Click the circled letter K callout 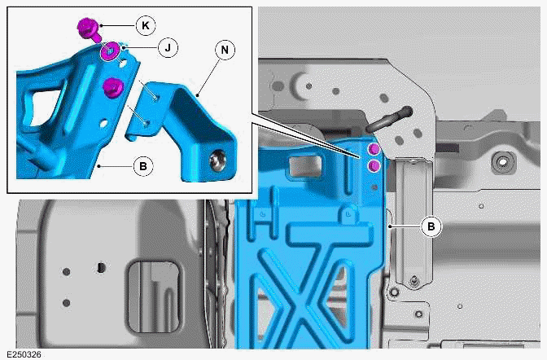pyautogui.click(x=145, y=25)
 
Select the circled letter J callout pyautogui.click(x=166, y=48)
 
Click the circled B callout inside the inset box pyautogui.click(x=142, y=166)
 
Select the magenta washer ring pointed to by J pyautogui.click(x=108, y=54)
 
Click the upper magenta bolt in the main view pyautogui.click(x=374, y=150)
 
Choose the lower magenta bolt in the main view pyautogui.click(x=374, y=165)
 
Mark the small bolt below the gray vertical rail pyautogui.click(x=415, y=282)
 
